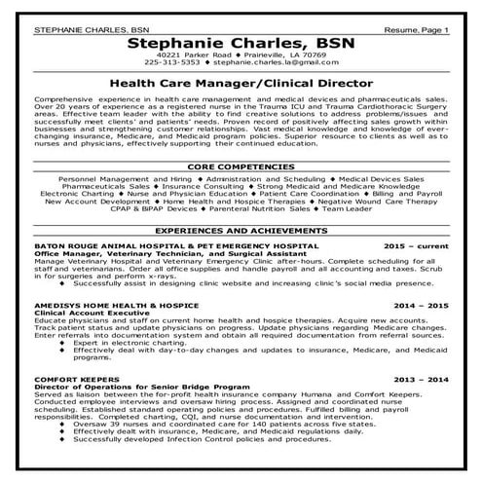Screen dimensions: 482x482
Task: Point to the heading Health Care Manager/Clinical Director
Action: coord(241,87)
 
